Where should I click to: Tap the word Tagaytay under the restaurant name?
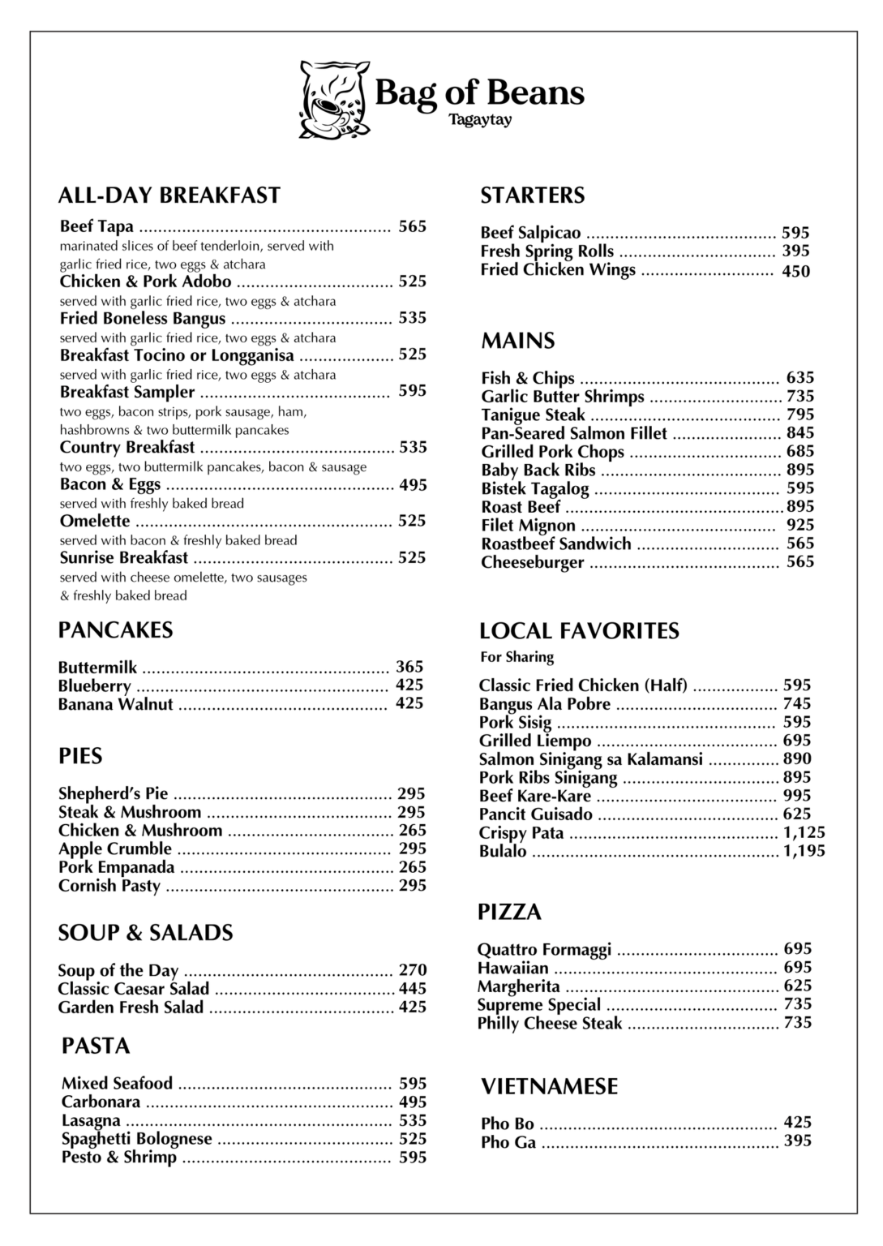tap(481, 121)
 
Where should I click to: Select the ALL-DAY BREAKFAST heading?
tap(169, 195)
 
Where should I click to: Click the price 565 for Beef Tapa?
tap(412, 226)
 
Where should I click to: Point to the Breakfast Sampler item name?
tap(127, 393)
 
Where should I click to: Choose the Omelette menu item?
tap(95, 521)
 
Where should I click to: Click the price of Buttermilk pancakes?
tap(409, 667)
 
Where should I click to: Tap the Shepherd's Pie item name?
tap(113, 793)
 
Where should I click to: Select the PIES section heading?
tap(80, 757)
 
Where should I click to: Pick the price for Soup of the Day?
tap(412, 970)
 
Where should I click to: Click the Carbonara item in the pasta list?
tap(101, 1102)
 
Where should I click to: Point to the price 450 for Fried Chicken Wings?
tap(795, 272)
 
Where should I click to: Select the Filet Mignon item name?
tap(528, 526)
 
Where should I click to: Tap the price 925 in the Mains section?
tap(800, 525)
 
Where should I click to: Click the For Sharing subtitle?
tap(517, 657)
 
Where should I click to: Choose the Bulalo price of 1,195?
tap(804, 851)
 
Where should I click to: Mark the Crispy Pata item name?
tap(521, 833)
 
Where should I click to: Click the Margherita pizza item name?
tap(518, 986)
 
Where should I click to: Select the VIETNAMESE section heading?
tap(549, 1087)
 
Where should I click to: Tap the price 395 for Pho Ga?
tap(797, 1141)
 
